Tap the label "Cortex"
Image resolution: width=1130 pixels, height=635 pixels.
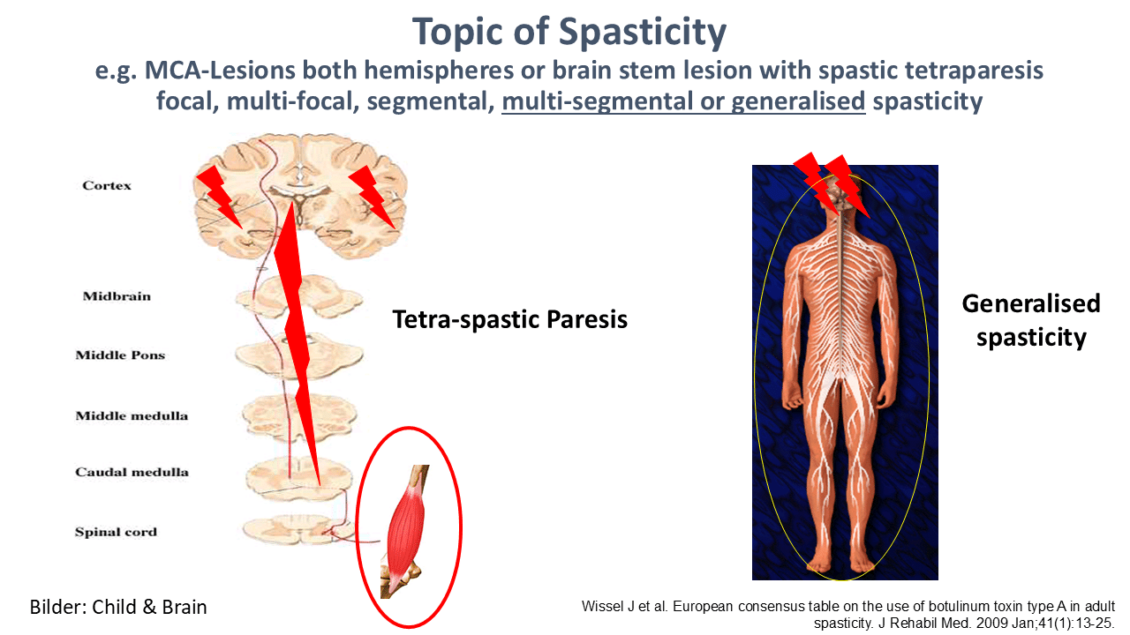(107, 185)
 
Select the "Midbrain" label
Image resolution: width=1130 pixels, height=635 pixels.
(117, 295)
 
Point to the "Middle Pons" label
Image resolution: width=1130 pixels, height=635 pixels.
(120, 355)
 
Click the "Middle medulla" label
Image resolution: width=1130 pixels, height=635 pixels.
(132, 415)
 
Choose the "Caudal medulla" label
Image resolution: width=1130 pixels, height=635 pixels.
(132, 472)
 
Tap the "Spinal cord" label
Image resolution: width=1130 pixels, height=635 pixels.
(116, 532)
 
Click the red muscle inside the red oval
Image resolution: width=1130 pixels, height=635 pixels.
(405, 529)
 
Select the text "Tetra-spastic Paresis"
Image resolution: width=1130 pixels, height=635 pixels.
(510, 319)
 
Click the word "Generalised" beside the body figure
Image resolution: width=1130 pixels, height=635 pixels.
(1031, 303)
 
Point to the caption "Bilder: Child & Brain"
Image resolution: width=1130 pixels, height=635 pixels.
(118, 607)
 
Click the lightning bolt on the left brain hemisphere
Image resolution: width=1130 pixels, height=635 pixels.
(220, 197)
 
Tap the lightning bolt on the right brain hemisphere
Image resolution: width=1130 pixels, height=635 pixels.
(372, 197)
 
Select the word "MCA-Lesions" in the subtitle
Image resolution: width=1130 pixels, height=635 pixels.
(220, 70)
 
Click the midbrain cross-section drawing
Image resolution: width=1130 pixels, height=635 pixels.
(298, 296)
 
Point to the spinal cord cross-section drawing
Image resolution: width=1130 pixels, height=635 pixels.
(298, 529)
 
